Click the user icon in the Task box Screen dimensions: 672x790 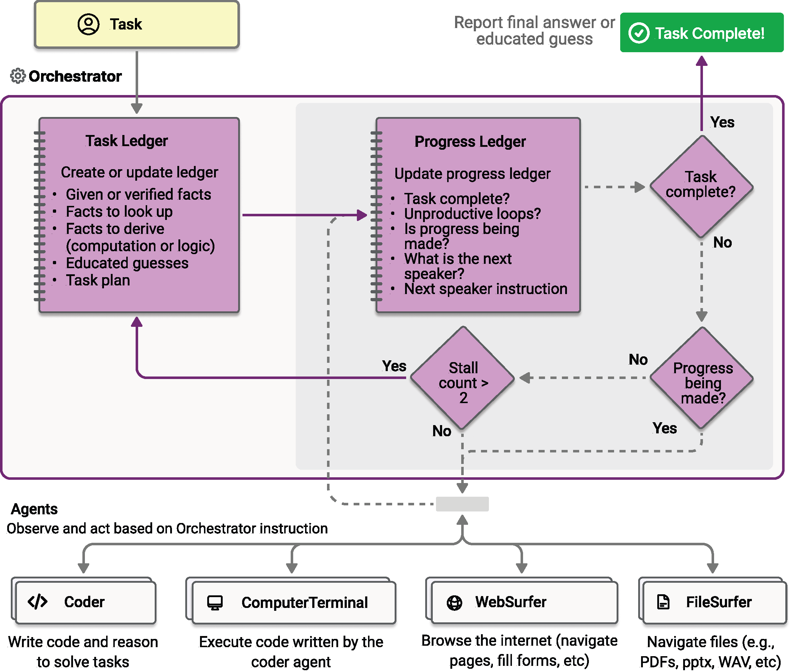(88, 24)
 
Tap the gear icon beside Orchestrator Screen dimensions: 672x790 (18, 76)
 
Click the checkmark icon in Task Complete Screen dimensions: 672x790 (639, 33)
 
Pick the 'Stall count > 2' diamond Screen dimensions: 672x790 (463, 378)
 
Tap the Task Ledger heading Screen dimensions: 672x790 (126, 141)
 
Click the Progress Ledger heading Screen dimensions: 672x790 (469, 142)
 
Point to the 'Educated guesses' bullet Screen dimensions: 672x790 (127, 263)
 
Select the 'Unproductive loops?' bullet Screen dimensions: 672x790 (472, 214)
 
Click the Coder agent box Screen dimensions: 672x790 (86, 602)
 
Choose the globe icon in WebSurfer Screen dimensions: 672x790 (454, 603)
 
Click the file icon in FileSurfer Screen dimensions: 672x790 (663, 602)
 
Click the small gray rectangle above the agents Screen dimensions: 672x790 (462, 504)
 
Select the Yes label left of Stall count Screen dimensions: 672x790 (394, 366)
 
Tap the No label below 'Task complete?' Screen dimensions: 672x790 (722, 242)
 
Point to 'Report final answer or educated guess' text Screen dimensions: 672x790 (534, 31)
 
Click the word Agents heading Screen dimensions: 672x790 (34, 509)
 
